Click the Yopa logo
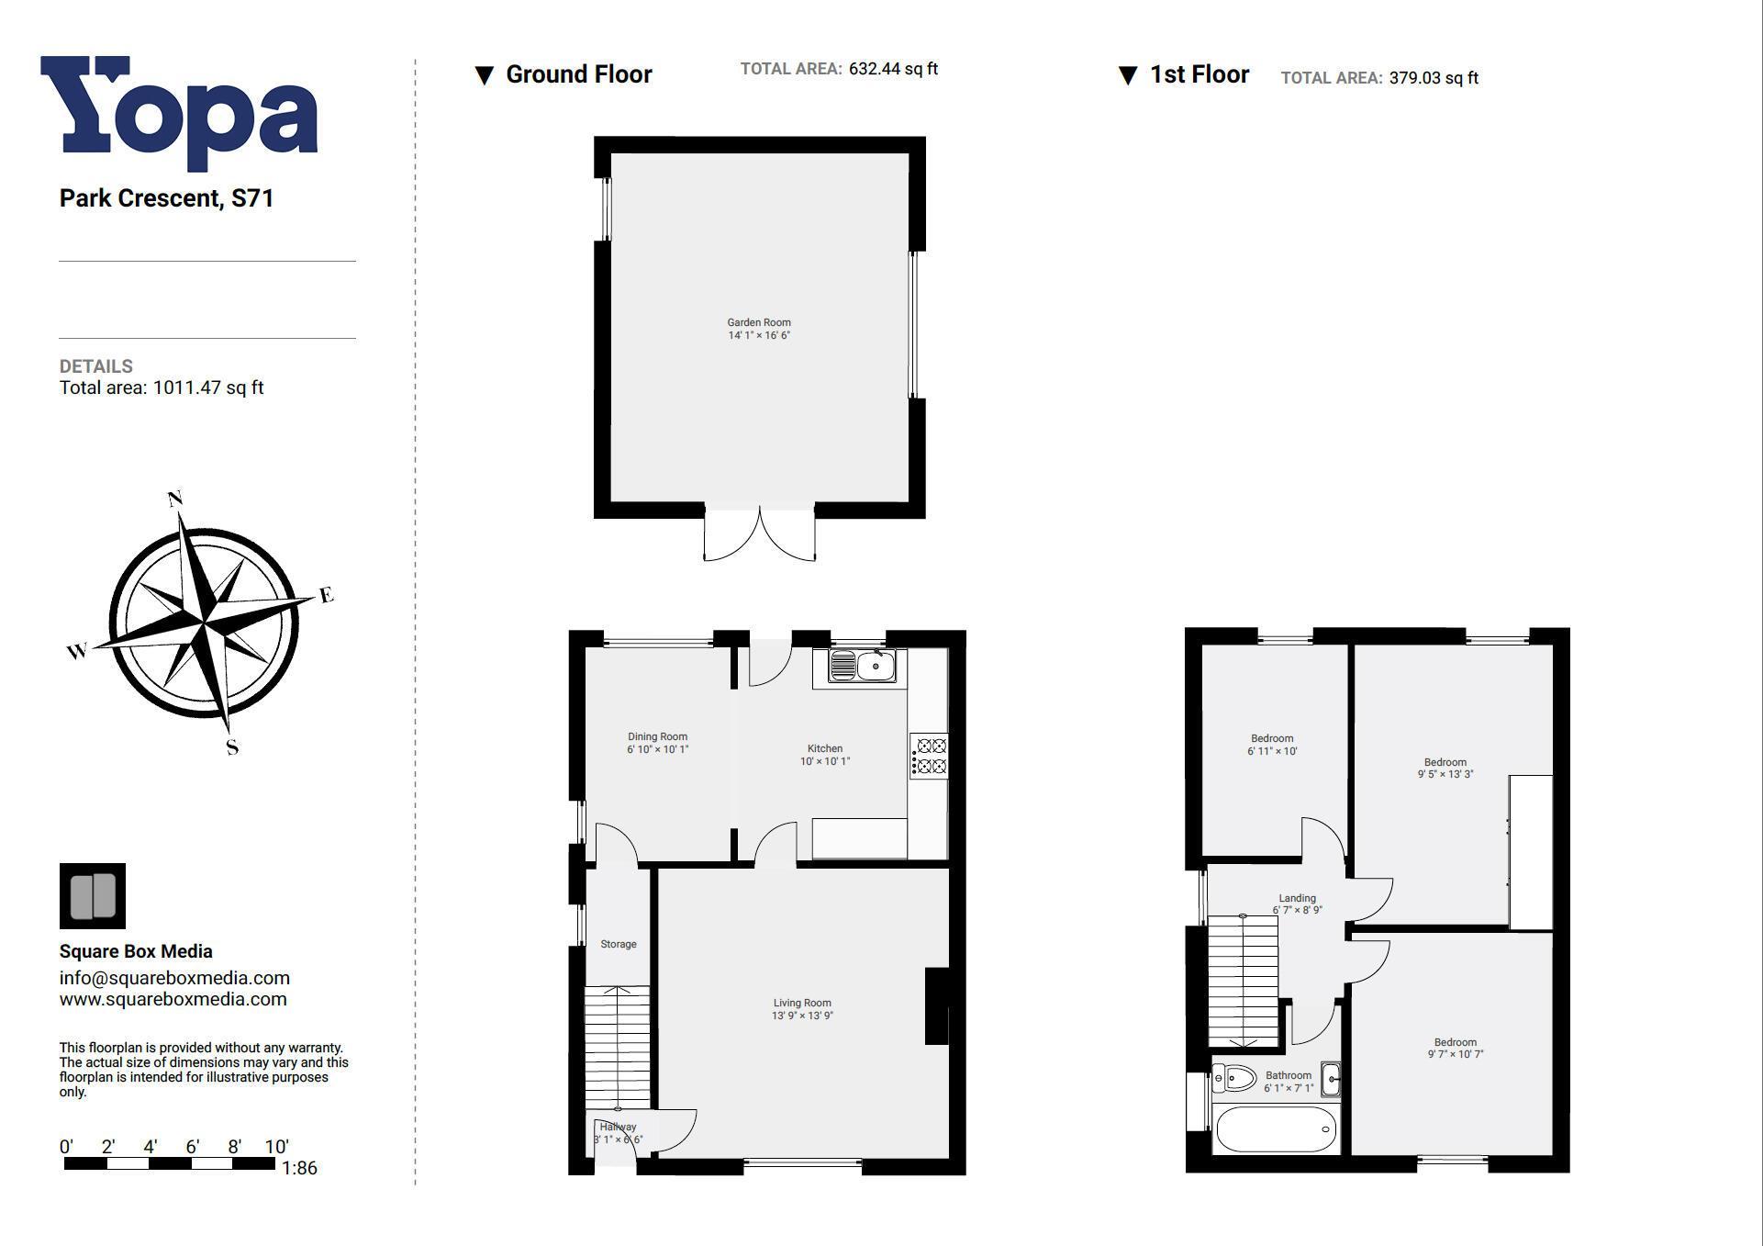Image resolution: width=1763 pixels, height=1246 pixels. coord(179,112)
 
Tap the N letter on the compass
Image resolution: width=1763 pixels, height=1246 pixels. coord(175,499)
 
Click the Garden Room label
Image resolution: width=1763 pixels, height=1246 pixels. coord(758,322)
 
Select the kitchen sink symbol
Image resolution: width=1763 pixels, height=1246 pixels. coord(862,666)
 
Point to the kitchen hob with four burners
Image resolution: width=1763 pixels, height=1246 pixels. coord(930,756)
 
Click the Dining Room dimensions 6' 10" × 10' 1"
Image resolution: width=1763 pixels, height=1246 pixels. coord(657,749)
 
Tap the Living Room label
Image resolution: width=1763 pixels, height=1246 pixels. coord(801,1003)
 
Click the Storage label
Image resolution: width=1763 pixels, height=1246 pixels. coord(618,944)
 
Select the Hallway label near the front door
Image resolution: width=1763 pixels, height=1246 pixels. coord(618,1127)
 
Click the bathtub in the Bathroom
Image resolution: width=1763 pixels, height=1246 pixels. coord(1275,1129)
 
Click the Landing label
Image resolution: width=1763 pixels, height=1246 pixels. coord(1297,898)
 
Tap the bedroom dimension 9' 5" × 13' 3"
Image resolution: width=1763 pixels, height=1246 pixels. coord(1445,774)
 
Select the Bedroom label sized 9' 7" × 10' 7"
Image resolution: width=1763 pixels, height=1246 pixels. coord(1455,1042)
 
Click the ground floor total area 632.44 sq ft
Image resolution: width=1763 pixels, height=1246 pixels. coord(893,69)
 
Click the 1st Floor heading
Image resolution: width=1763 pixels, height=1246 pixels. coord(1199,74)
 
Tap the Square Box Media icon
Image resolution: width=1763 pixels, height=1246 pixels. coord(93,895)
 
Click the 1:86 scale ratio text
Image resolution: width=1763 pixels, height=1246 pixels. coord(299,1168)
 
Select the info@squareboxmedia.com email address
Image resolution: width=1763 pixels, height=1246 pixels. coord(174,978)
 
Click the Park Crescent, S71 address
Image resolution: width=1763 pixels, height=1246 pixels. coord(166,198)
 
